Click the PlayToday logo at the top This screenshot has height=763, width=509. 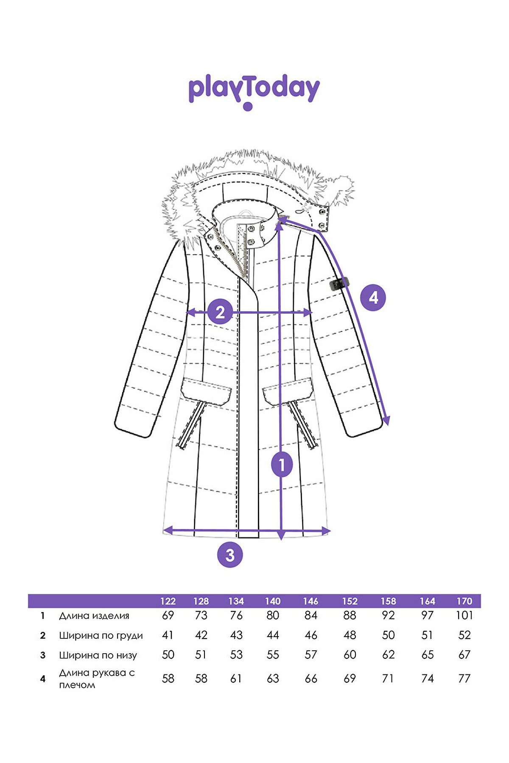pos(254,92)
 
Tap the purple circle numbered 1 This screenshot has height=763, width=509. pos(282,465)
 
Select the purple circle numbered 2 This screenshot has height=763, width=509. pos(220,312)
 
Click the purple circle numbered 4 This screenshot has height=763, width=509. pos(373,298)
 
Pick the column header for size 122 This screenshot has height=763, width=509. pos(168,601)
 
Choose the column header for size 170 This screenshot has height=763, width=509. pos(464,601)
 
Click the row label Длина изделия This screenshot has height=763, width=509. pos(94,616)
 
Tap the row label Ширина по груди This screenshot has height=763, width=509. pos(101,636)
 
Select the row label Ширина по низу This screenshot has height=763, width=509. pos(98,655)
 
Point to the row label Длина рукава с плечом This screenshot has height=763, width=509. pos(97,679)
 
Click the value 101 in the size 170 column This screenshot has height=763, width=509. pos(464,615)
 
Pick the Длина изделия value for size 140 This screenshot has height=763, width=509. pos(273,615)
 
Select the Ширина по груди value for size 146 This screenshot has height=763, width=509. pos(311,635)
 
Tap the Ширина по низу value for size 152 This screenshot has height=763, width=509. pos(350,655)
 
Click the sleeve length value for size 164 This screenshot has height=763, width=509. pos(428,679)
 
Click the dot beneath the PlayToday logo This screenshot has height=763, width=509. pos(248,106)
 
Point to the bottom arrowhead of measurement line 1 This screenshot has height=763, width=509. pos(281,536)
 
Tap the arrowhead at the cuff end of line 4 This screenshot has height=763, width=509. pos(386,420)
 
